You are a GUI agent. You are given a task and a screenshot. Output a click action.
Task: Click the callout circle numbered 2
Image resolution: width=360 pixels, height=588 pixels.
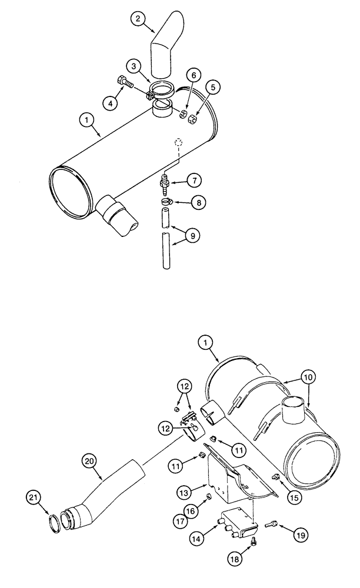pos(138,19)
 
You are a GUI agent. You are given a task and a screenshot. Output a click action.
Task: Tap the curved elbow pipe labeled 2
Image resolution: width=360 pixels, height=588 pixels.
pos(164,44)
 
